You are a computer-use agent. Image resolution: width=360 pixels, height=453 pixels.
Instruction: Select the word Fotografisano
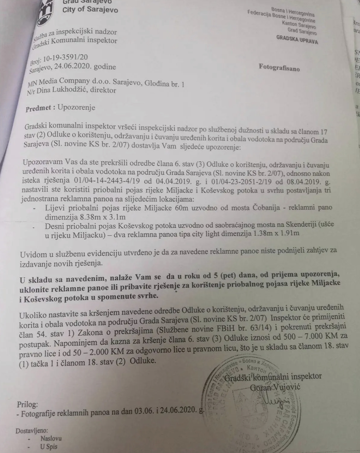tap(279, 67)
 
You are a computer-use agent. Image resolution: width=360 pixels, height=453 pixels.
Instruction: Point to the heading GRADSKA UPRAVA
tap(297, 39)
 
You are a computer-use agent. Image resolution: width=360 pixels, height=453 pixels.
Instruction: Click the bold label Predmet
tap(41, 108)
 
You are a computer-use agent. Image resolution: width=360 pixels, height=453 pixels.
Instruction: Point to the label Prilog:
tap(27, 404)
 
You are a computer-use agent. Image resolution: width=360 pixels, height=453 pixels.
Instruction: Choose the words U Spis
tap(49, 447)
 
